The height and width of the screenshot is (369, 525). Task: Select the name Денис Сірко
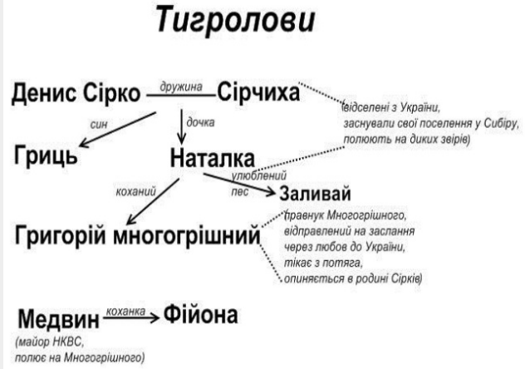[x=76, y=96]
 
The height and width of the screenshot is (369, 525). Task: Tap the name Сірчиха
[x=258, y=94]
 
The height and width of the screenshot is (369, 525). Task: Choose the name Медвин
[x=57, y=318]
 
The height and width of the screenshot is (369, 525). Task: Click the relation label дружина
[x=180, y=85]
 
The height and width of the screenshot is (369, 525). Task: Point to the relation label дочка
[x=200, y=121]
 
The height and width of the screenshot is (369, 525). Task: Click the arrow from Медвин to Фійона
[x=133, y=317]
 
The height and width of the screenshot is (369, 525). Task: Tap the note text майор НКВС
[x=51, y=342]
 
